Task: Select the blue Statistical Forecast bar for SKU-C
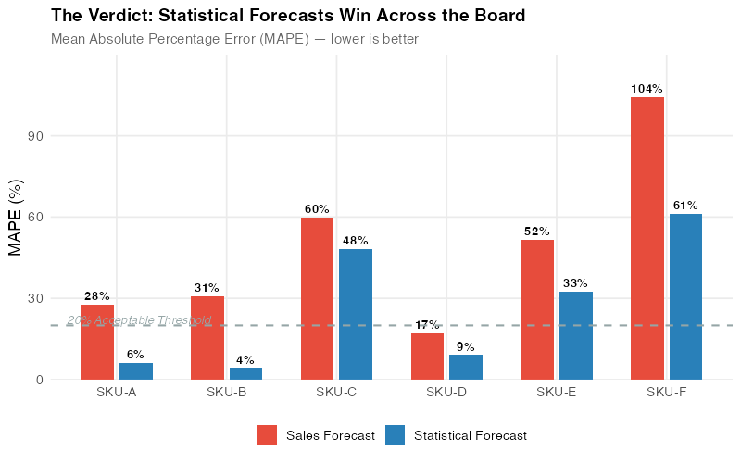356,314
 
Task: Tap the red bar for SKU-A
97,342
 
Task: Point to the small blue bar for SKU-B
245,373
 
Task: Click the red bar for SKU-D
427,357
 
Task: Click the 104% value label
647,89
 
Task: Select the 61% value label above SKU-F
685,206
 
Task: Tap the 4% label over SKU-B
245,359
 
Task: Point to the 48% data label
356,241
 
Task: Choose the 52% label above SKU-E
537,231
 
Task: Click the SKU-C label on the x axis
336,393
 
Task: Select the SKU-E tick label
556,393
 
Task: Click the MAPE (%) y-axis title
16,219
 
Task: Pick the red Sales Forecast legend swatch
267,435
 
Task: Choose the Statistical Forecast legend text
470,435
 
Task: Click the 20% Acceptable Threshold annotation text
139,320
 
